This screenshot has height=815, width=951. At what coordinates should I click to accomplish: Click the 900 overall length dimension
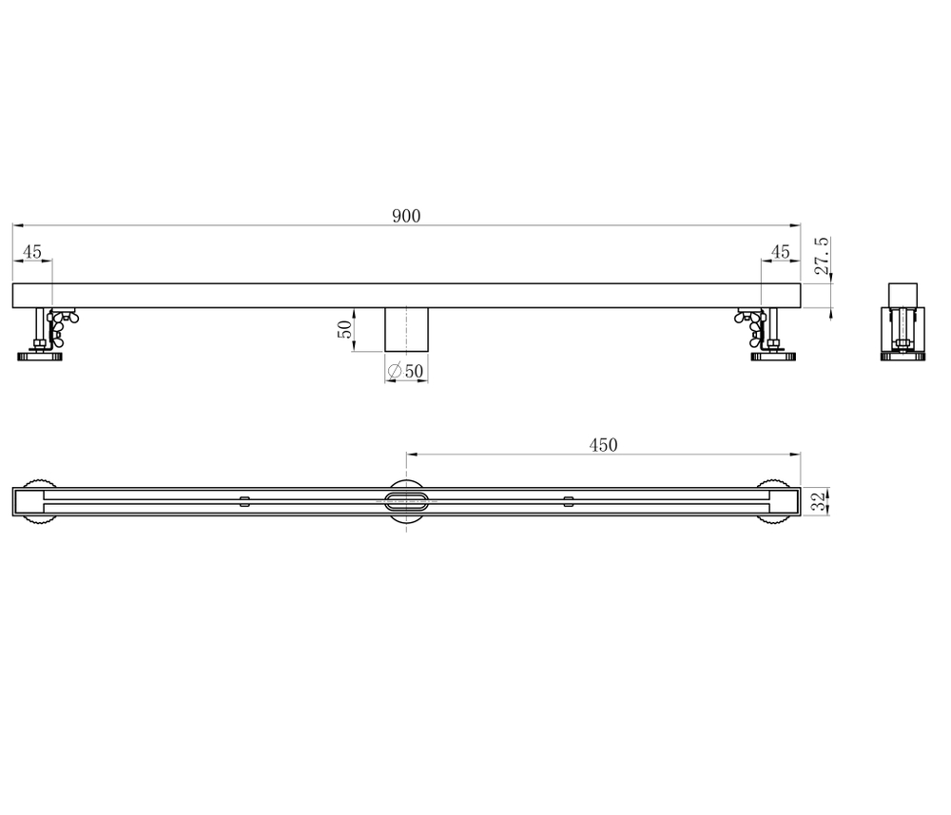(x=406, y=216)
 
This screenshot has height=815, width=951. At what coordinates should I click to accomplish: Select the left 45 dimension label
(x=32, y=252)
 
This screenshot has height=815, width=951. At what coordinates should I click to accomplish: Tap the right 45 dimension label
(x=780, y=252)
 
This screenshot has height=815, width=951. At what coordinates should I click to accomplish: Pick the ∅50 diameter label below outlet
(x=405, y=371)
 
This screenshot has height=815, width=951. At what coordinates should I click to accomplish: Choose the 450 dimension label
(x=603, y=444)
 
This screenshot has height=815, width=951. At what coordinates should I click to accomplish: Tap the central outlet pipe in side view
(x=406, y=329)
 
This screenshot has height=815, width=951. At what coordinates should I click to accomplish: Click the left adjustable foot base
(x=38, y=358)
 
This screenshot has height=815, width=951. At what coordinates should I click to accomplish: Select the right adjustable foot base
(x=773, y=358)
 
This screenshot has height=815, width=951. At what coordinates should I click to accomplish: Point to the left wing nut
(x=63, y=324)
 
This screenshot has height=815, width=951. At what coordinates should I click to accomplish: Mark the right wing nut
(x=750, y=324)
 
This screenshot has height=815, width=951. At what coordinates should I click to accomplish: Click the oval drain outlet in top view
(x=406, y=501)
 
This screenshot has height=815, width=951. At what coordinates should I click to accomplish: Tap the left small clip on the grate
(x=244, y=500)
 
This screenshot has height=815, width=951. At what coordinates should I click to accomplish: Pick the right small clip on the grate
(x=569, y=500)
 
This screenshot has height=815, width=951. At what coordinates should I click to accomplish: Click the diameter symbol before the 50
(x=395, y=371)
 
